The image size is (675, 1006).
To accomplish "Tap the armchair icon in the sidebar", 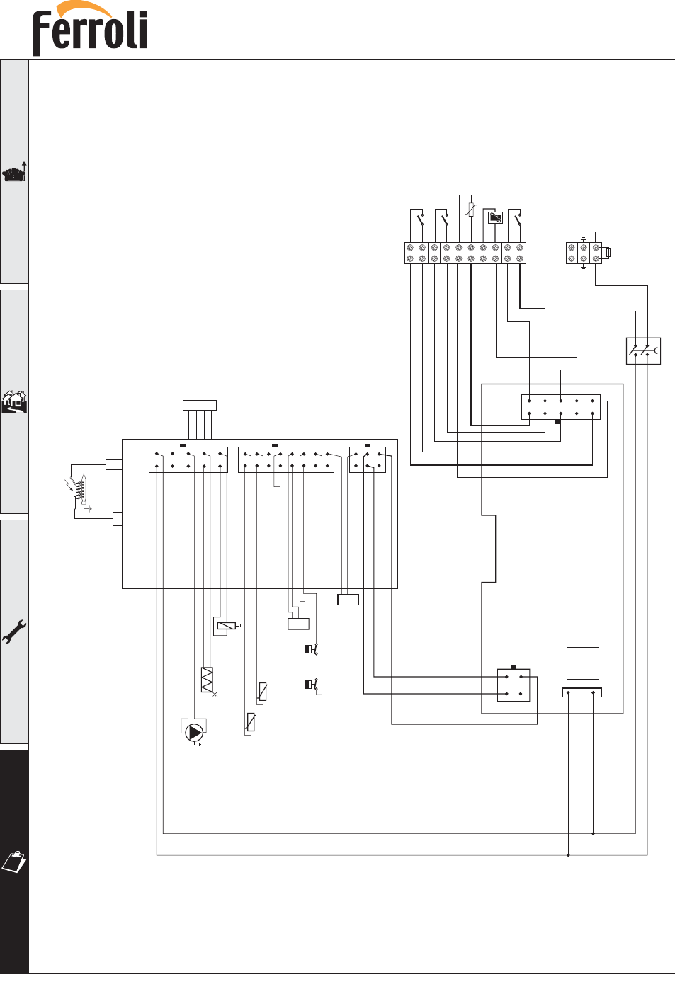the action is coord(14,173).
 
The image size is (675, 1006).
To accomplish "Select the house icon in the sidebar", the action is coord(14,401).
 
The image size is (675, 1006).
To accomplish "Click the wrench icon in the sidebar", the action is coord(14,632).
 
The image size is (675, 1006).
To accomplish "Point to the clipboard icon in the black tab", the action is coord(14,862).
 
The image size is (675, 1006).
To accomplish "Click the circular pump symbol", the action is coord(194,733).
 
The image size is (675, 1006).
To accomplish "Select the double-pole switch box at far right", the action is coord(643,350).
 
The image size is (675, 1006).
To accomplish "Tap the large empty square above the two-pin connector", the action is coord(582,663).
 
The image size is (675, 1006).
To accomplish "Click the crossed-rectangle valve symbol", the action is coord(207,680).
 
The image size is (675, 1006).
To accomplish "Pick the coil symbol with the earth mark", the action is coord(227,626).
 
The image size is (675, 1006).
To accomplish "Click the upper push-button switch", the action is coord(312,649).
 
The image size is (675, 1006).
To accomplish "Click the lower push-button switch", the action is coord(312,685).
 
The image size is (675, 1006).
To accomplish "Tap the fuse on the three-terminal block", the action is coord(608,253).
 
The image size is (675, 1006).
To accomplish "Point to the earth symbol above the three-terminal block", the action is coord(584,239).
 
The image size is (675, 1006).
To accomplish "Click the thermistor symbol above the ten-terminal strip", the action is coord(470,210).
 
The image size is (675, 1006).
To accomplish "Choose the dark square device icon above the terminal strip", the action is coord(495,218).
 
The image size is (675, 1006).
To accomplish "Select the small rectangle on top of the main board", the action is coord(200,405).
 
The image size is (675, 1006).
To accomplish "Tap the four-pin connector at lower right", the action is coord(514,685).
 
